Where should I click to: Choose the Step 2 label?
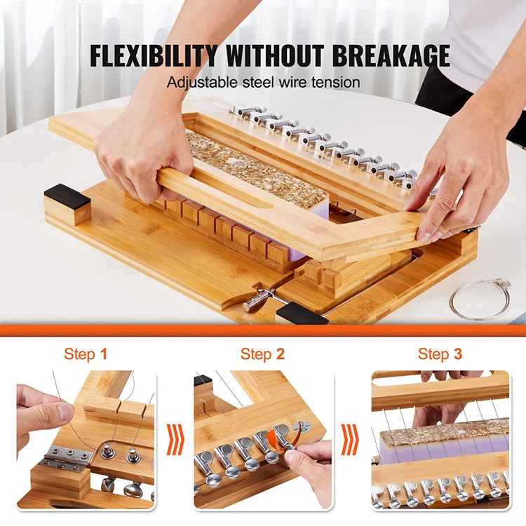tap(262, 354)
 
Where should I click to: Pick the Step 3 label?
tap(440, 354)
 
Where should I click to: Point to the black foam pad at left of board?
tap(67, 196)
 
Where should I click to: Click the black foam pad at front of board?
tap(302, 313)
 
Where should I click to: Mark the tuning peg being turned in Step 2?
tap(287, 438)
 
